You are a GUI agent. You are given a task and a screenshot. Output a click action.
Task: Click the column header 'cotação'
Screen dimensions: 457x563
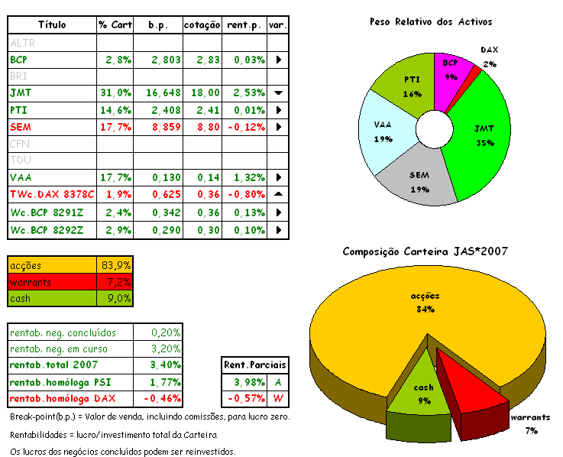(202, 25)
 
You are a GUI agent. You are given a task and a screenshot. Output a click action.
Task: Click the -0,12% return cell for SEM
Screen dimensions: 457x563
(245, 126)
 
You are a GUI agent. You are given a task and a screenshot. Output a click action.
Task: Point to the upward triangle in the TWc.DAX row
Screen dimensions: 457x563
(278, 194)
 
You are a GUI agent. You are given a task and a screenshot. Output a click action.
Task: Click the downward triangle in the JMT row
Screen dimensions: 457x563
(278, 92)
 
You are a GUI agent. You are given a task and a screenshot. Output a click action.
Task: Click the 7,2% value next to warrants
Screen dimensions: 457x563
(116, 282)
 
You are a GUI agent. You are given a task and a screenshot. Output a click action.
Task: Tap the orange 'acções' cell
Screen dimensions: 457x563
(52, 265)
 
